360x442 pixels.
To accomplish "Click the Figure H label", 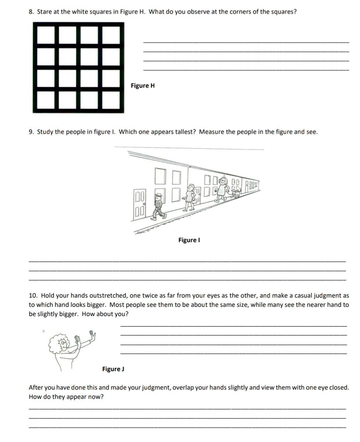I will click(x=143, y=86).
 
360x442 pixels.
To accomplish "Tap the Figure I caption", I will click(x=189, y=240).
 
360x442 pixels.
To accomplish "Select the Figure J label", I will click(x=113, y=369).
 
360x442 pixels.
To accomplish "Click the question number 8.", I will click(x=31, y=12).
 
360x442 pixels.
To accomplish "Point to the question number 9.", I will click(x=31, y=132).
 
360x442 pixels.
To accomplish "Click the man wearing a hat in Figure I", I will click(x=159, y=205).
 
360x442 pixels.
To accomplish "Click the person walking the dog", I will click(x=222, y=188).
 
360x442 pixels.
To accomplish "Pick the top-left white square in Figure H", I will click(x=46, y=34).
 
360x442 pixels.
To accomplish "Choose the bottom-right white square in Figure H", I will click(x=111, y=100).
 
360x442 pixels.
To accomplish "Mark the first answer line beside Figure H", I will click(x=245, y=42).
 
